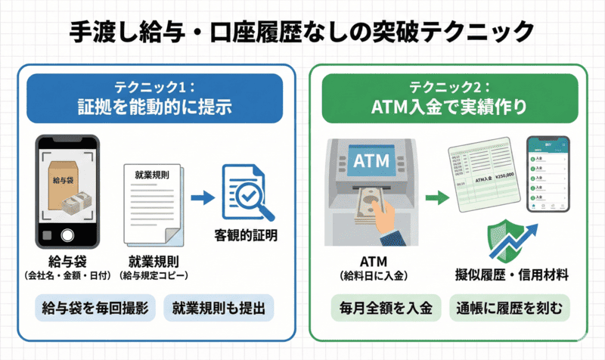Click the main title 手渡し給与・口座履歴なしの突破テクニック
(302, 32)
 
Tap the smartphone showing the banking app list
(549, 174)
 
